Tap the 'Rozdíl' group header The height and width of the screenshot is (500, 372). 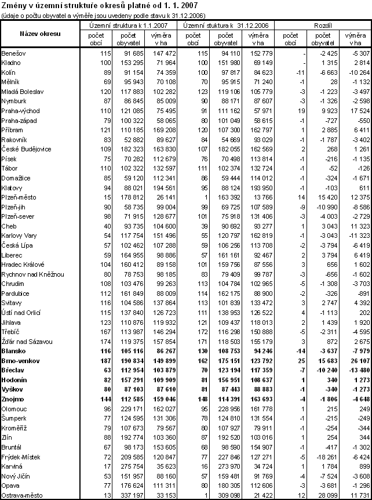(322, 26)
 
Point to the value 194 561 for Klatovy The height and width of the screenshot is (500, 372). (164, 189)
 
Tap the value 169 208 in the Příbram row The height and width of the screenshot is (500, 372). (164, 132)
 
